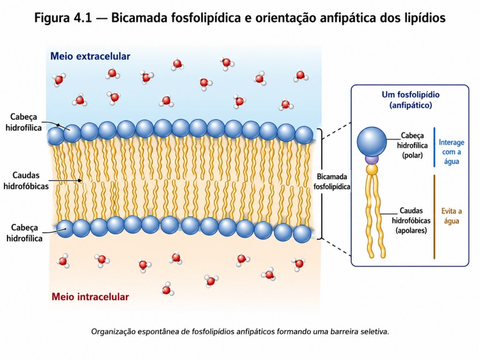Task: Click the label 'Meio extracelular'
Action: [x=90, y=56]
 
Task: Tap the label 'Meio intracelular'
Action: [x=90, y=297]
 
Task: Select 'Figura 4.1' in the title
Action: [x=63, y=18]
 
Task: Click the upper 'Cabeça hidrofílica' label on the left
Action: [x=23, y=122]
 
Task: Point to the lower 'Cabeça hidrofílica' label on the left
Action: [x=24, y=233]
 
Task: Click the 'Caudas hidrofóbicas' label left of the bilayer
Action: [x=26, y=180]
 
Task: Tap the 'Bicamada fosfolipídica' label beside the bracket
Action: [x=332, y=181]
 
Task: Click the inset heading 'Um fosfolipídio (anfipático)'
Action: [x=411, y=100]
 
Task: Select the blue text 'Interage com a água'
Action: [x=451, y=152]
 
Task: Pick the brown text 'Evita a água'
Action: [x=451, y=216]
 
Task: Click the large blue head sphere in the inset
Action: [x=372, y=142]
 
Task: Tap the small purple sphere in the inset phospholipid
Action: [x=372, y=160]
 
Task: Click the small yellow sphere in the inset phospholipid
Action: [x=372, y=169]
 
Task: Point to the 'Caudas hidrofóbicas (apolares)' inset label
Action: [x=411, y=220]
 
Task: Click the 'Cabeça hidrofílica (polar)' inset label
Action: [x=412, y=145]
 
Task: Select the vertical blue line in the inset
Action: [x=435, y=147]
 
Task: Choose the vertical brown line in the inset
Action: [x=435, y=217]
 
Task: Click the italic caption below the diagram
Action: [x=240, y=331]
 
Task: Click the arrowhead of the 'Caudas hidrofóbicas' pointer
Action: [x=80, y=180]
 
